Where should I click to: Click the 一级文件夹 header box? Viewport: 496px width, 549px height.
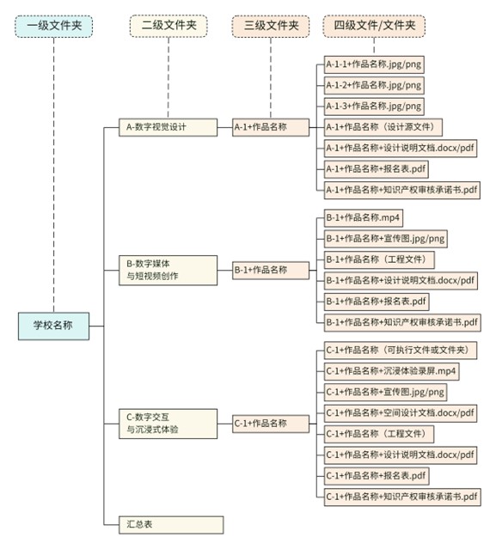pos(53,26)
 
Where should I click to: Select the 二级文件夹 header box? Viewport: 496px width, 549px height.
pos(168,26)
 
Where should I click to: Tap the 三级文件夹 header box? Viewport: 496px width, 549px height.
pos(271,26)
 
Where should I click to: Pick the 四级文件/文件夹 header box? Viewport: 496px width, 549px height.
pos(374,26)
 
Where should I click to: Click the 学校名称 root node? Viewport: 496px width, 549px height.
pos(53,326)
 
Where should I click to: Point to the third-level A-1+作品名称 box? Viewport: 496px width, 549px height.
pos(271,127)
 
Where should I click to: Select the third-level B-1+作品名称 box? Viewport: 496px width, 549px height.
pos(271,270)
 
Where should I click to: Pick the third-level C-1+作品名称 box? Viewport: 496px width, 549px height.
pos(271,423)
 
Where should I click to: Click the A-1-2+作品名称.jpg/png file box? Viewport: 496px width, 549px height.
pos(374,85)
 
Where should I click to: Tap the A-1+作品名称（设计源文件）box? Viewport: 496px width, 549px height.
pos(383,127)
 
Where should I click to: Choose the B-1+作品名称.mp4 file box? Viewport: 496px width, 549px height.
pos(364,217)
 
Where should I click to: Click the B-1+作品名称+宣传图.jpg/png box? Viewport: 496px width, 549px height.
pos(386,238)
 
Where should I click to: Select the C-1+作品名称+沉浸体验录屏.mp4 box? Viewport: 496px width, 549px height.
pos(391,371)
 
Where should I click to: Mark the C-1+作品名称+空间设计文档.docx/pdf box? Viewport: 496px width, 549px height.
pos(401,412)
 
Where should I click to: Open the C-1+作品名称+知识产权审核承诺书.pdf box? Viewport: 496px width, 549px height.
pos(402,496)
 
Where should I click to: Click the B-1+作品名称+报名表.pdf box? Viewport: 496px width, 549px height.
pos(377,301)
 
